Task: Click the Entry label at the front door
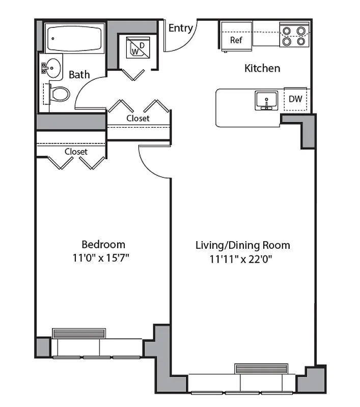[x=180, y=28]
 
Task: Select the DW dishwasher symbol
[x=295, y=99]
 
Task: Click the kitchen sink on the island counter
[x=266, y=100]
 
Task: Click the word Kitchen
[x=262, y=68]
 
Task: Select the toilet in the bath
[x=59, y=94]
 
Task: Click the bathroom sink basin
[x=51, y=67]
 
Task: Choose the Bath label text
[x=79, y=75]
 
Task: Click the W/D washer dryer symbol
[x=135, y=48]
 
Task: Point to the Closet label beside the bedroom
[x=76, y=152]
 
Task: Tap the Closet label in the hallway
[x=138, y=118]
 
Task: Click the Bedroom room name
[x=103, y=244]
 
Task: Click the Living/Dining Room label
[x=243, y=245]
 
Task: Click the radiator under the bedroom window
[x=79, y=333]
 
